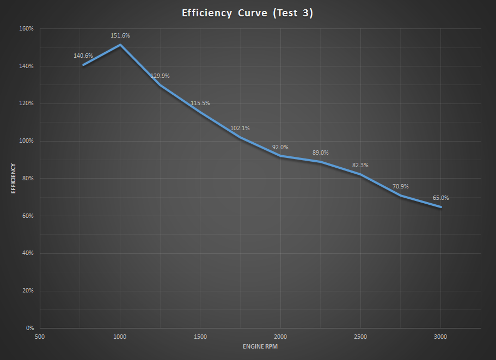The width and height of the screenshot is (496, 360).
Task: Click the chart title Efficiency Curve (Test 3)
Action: pyautogui.click(x=248, y=13)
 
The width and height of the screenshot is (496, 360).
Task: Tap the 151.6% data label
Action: pyautogui.click(x=120, y=35)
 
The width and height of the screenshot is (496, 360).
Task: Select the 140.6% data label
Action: pyautogui.click(x=83, y=56)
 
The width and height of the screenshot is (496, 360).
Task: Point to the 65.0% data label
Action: pyautogui.click(x=440, y=198)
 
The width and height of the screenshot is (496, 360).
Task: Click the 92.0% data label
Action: pyautogui.click(x=280, y=147)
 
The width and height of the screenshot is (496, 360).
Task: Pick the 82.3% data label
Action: pyautogui.click(x=360, y=164)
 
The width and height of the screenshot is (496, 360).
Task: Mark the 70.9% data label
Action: pyautogui.click(x=400, y=186)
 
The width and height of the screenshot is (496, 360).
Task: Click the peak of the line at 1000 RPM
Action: pyautogui.click(x=120, y=45)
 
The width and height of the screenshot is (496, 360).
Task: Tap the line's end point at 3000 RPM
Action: pyautogui.click(x=440, y=207)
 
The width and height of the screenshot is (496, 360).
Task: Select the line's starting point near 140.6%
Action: pyautogui.click(x=83, y=65)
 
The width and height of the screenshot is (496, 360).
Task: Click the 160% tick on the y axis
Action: pyautogui.click(x=27, y=28)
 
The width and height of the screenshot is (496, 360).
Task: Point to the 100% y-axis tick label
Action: pyautogui.click(x=27, y=141)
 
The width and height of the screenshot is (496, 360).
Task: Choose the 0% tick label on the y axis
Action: pyautogui.click(x=30, y=328)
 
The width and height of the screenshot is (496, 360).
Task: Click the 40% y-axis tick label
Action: pyautogui.click(x=28, y=253)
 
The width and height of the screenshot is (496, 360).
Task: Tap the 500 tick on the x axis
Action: pyautogui.click(x=40, y=337)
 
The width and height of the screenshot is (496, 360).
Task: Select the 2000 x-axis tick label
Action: pyautogui.click(x=280, y=337)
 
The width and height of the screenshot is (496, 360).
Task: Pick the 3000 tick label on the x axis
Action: pyautogui.click(x=440, y=337)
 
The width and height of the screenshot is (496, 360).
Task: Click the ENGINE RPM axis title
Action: pyautogui.click(x=260, y=347)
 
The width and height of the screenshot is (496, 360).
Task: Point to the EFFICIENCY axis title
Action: pyautogui.click(x=13, y=179)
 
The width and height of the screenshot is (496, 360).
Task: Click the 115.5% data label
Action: pyautogui.click(x=200, y=103)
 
